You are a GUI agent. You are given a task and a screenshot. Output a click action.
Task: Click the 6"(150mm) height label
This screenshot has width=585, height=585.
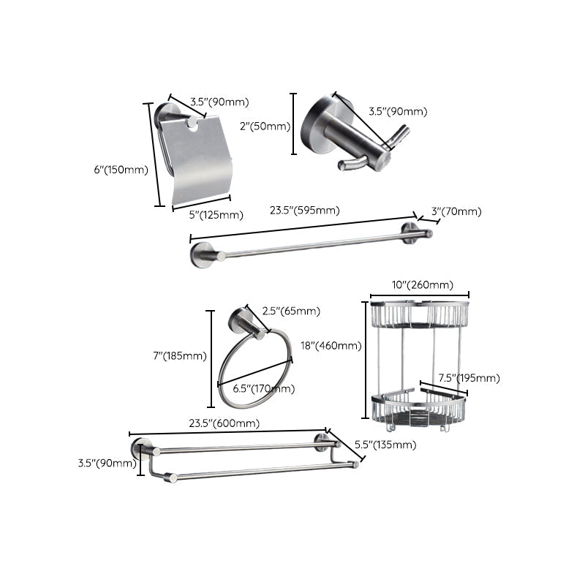(x=121, y=170)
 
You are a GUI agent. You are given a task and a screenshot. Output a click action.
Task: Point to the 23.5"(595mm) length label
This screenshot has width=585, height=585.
(x=304, y=211)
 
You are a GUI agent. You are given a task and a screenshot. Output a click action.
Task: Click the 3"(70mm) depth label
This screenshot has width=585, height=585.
(x=456, y=211)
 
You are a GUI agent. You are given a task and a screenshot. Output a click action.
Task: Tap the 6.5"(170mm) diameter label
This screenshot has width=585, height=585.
(x=263, y=388)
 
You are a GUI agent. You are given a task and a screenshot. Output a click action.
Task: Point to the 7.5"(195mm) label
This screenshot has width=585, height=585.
(x=468, y=378)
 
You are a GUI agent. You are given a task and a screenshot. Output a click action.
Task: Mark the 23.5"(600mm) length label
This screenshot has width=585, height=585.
(x=224, y=423)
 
